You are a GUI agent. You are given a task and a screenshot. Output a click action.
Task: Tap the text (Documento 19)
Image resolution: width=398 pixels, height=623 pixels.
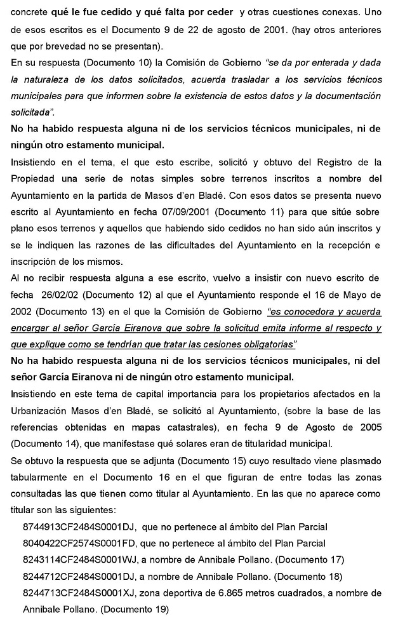pyautogui.click(x=135, y=609)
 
